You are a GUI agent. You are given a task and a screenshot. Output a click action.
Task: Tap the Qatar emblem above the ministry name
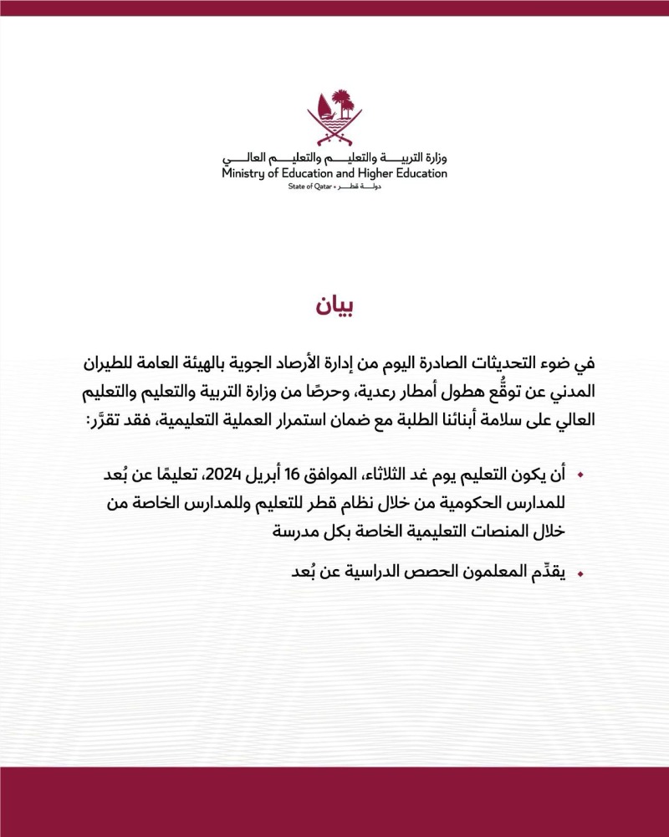tap(334, 116)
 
